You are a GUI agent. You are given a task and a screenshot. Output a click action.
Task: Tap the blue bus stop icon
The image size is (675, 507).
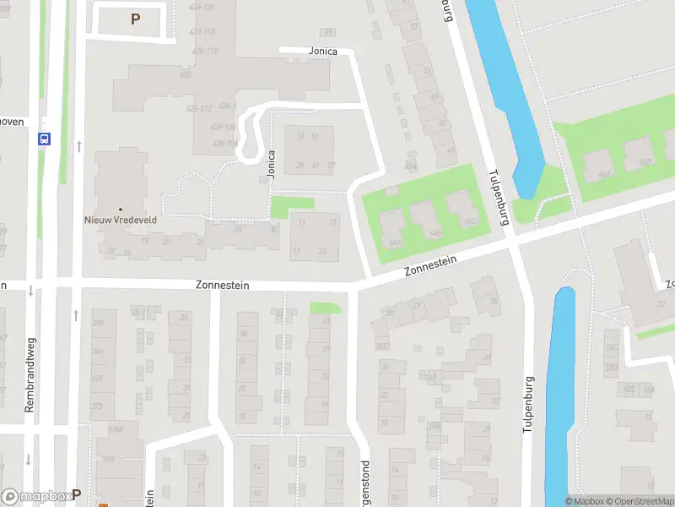coord(44,139)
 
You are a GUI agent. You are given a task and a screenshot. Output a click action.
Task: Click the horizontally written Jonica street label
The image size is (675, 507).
coord(322,52)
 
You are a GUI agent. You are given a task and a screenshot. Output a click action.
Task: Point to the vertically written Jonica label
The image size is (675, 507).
coord(272,164)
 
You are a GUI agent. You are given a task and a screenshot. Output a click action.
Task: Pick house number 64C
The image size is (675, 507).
coord(471,221)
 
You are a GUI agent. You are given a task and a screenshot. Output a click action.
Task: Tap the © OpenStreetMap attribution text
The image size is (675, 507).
coord(638,501)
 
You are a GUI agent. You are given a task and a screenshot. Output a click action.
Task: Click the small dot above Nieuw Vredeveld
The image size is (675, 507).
coord(121,209)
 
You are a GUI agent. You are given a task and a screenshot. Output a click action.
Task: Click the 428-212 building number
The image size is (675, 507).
coord(200,108)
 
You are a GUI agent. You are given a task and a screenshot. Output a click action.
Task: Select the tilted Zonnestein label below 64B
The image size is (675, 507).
coord(430,266)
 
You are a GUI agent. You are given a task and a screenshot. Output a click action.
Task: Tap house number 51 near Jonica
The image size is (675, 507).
coord(315,136)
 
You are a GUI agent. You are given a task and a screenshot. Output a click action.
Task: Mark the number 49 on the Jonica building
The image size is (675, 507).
coord(316,165)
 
